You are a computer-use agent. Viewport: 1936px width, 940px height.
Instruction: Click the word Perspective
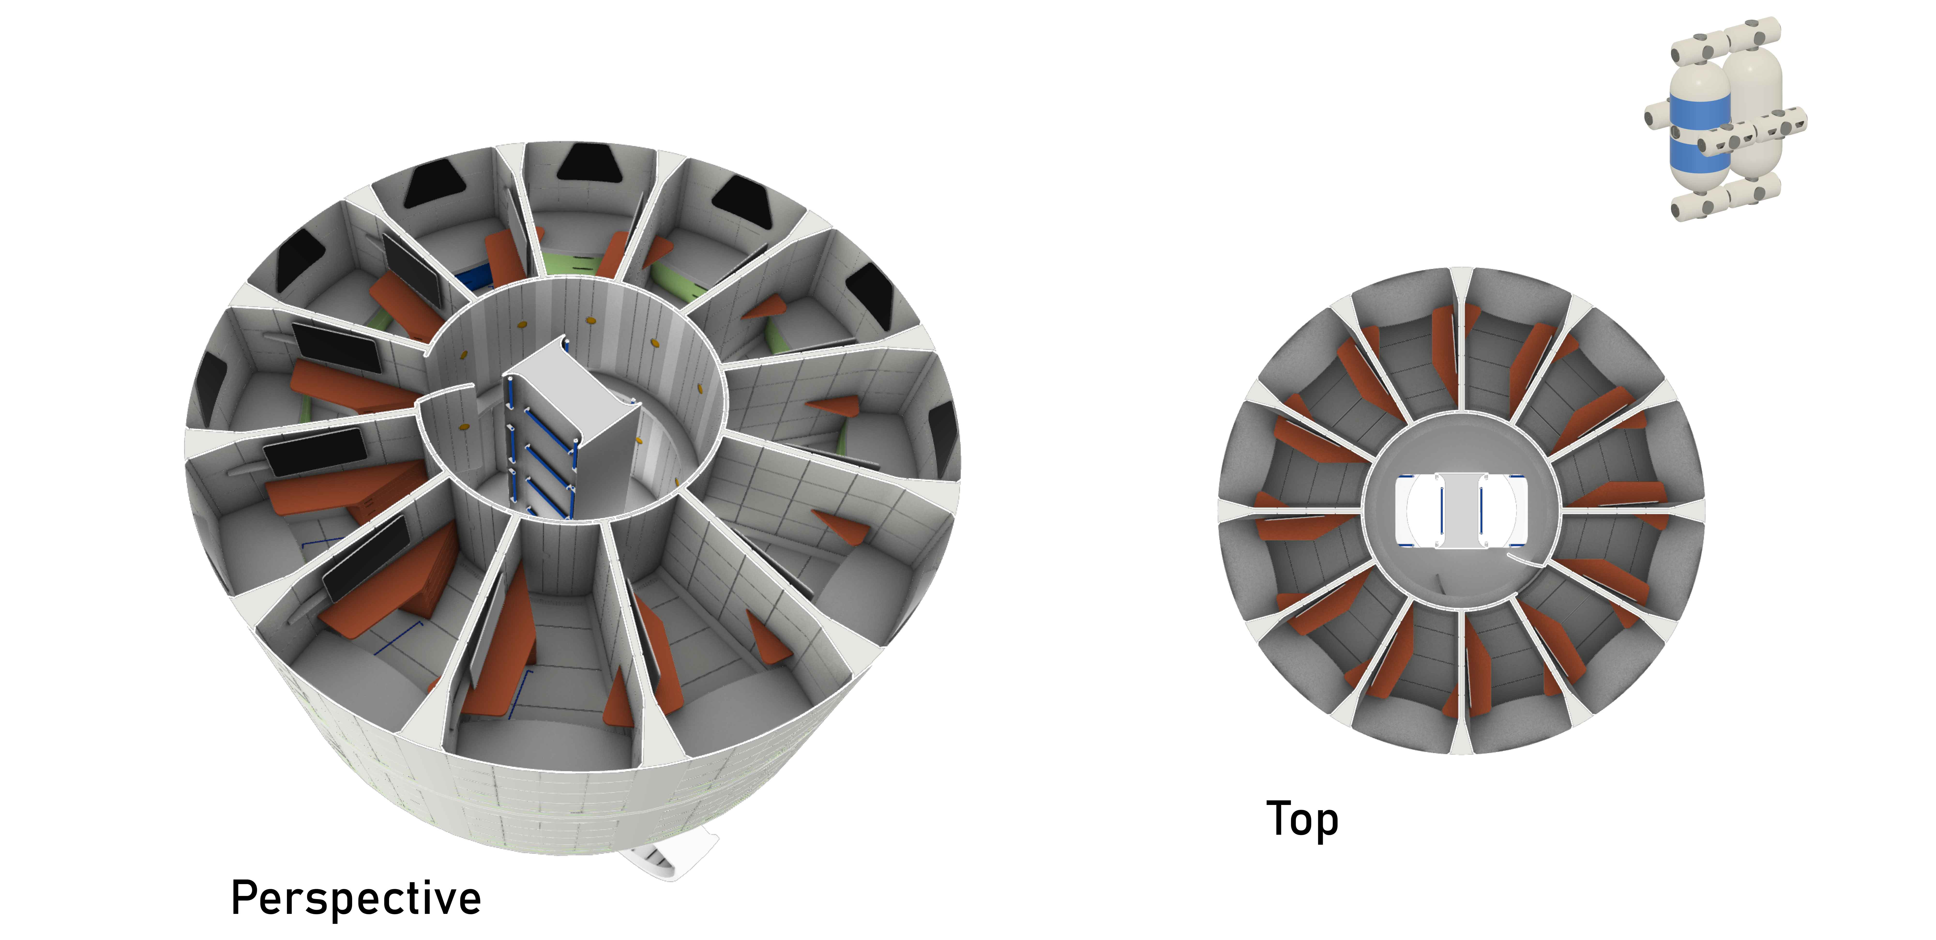(x=355, y=899)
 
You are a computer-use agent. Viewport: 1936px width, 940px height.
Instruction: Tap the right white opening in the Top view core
(x=1507, y=511)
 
